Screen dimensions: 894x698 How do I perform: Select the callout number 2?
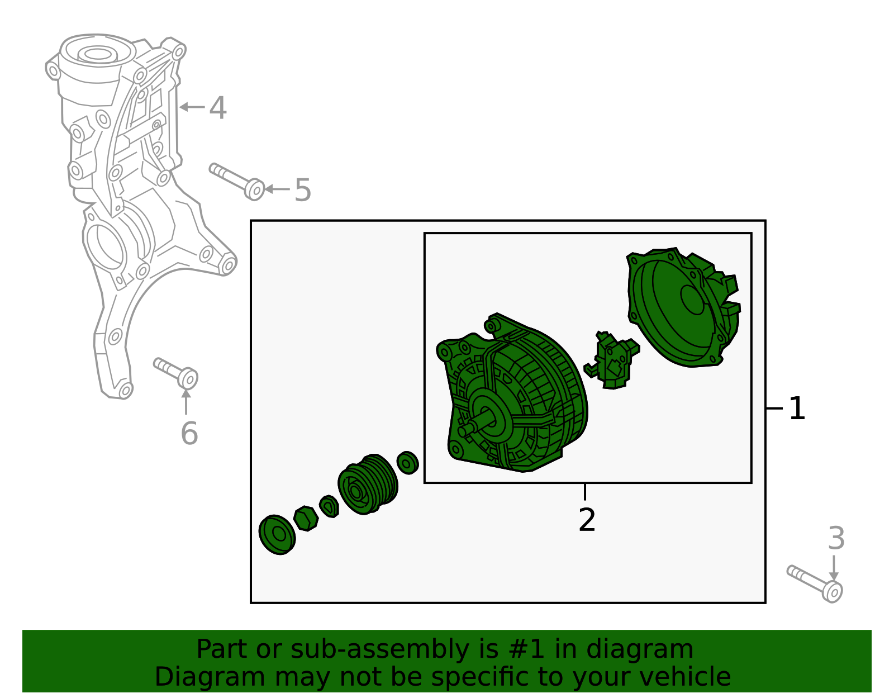tap(587, 520)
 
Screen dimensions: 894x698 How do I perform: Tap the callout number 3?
tap(836, 538)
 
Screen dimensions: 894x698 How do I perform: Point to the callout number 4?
tap(218, 108)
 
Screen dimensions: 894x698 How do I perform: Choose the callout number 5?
tap(303, 190)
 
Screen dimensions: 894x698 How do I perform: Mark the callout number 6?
tap(189, 434)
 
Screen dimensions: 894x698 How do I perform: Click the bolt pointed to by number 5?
tap(237, 182)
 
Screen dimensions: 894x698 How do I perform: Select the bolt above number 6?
tap(175, 373)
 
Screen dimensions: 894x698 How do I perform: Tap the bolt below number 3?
tap(815, 583)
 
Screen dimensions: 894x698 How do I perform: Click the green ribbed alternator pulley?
tap(368, 485)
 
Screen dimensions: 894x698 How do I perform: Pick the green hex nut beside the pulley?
tap(306, 518)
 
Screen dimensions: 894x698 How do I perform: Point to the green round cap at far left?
tap(277, 534)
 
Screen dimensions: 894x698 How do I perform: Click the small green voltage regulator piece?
tap(612, 360)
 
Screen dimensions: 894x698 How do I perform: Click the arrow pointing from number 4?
tap(192, 107)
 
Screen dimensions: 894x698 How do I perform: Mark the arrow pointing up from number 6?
tap(186, 402)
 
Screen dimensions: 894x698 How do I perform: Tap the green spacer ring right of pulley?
tap(407, 463)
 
